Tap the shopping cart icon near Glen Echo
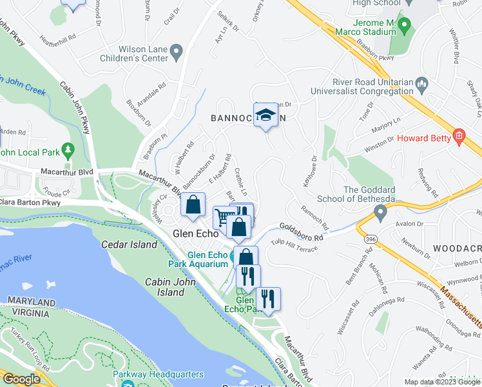[x=224, y=217]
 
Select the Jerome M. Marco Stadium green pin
[x=405, y=26]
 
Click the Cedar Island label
[x=129, y=244]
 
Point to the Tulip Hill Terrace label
[x=294, y=243]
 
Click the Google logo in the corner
[x=21, y=379]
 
